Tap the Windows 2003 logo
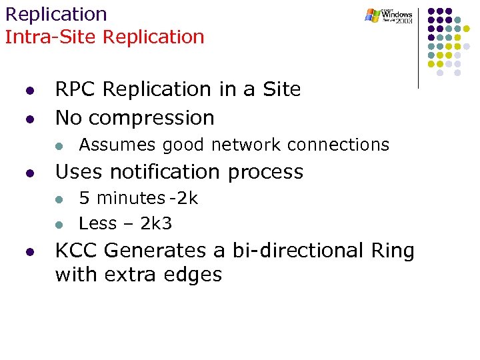click(x=389, y=16)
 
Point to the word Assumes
click(x=117, y=145)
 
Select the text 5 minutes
click(x=121, y=199)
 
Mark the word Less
click(x=99, y=223)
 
